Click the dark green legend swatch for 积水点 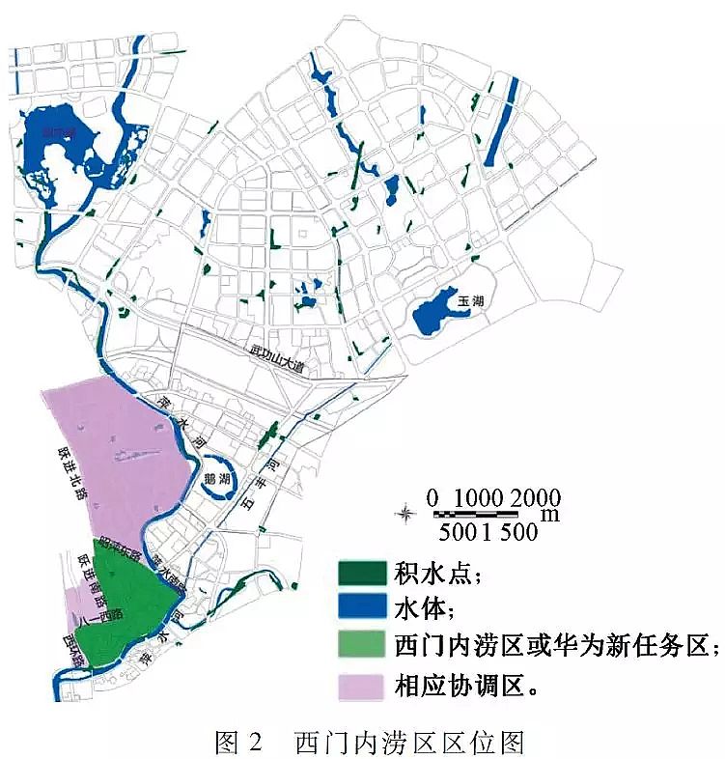[x=362, y=573]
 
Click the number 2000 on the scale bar [x=537, y=497]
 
